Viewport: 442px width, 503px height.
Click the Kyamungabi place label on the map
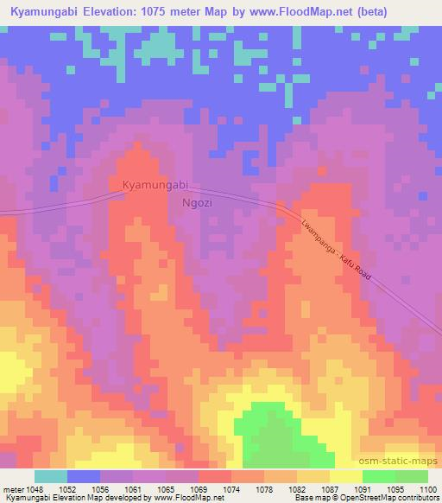[x=155, y=185]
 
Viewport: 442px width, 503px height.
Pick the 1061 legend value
[x=149, y=488]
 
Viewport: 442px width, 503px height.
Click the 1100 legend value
[x=419, y=488]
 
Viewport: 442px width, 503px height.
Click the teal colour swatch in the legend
[x=51, y=476]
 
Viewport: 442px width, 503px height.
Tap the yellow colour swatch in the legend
[x=345, y=476]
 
